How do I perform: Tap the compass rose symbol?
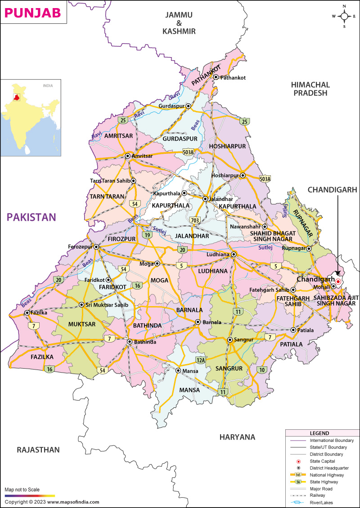pyautogui.click(x=344, y=16)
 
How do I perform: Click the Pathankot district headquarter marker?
pyautogui.click(x=216, y=77)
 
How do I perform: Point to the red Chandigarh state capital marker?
pyautogui.click(x=338, y=282)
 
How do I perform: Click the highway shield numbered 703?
pyautogui.click(x=194, y=220)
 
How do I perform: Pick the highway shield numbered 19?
pyautogui.click(x=147, y=235)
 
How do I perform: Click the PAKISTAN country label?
pyautogui.click(x=31, y=218)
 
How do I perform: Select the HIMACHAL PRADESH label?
pyautogui.click(x=310, y=89)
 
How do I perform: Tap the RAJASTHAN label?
pyautogui.click(x=38, y=450)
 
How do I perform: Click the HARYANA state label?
pyautogui.click(x=237, y=437)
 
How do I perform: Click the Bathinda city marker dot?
pyautogui.click(x=130, y=342)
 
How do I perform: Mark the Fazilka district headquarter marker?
pyautogui.click(x=27, y=312)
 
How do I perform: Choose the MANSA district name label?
pyautogui.click(x=189, y=390)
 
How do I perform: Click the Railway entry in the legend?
pyautogui.click(x=317, y=495)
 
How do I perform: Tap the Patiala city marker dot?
pyautogui.click(x=293, y=330)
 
